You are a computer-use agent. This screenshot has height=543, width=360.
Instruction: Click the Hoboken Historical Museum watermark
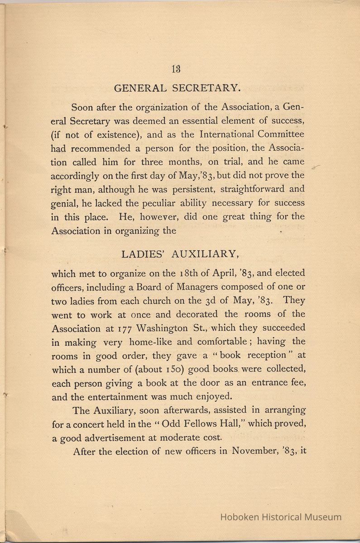281,517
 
